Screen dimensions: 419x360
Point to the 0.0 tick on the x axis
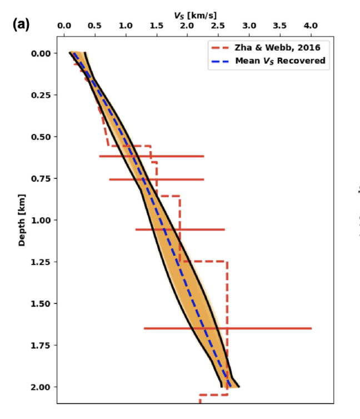tap(64, 25)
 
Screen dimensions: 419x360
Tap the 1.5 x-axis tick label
tap(157, 25)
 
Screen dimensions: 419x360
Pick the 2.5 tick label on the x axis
tap(218, 25)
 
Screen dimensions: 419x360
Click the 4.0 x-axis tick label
tap(311, 25)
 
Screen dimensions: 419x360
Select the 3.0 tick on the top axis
tap(249, 25)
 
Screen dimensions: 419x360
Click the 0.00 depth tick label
tap(41, 53)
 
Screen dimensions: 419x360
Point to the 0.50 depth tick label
tap(41, 137)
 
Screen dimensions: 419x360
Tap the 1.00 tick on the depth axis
tap(41, 220)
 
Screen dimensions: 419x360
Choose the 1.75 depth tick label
tap(41, 345)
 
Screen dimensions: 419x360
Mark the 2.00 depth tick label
tap(41, 387)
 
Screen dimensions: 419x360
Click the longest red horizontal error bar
tap(228, 328)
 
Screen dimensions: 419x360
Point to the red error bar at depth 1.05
tap(180, 229)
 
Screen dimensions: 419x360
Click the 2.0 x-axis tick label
tap(188, 25)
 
